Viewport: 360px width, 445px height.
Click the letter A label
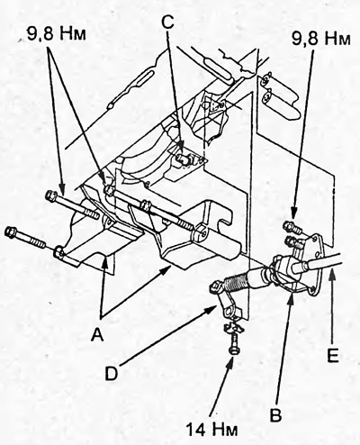[x=97, y=334]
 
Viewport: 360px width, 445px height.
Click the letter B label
[x=276, y=415]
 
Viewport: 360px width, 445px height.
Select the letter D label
[x=111, y=374]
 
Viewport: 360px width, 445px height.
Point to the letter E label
[x=333, y=356]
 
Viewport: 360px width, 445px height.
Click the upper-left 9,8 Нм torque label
[x=57, y=34]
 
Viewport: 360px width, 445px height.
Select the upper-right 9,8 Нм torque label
[x=321, y=39]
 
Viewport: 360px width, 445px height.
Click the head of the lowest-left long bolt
[x=12, y=232]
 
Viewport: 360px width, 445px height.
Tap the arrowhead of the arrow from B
[x=291, y=297]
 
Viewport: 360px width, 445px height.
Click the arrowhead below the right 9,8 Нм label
[x=293, y=215]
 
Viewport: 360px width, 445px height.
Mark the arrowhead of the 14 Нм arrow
[x=231, y=360]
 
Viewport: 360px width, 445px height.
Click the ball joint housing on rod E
[x=283, y=266]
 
